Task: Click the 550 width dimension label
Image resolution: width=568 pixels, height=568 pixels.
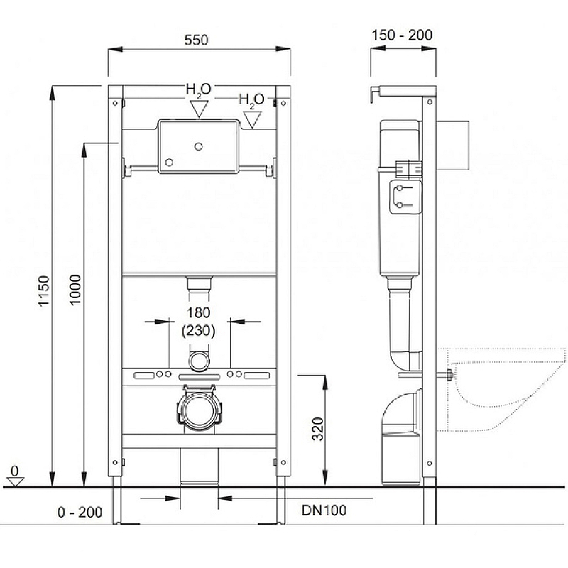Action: point(196,40)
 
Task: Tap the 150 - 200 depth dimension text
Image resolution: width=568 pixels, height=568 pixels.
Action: point(402,35)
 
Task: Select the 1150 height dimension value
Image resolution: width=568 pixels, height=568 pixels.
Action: point(44,291)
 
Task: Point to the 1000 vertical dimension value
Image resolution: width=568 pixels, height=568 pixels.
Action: point(75,290)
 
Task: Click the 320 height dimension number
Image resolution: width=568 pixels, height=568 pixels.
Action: point(318,429)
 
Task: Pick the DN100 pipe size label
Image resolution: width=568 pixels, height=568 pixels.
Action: point(324,510)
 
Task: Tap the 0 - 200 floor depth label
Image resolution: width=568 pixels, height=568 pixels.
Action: point(80,513)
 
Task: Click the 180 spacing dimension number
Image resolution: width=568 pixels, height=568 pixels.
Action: point(199,312)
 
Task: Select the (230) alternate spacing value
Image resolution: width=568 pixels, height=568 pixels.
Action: point(199,331)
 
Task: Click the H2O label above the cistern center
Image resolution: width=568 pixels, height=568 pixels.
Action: point(198,90)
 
